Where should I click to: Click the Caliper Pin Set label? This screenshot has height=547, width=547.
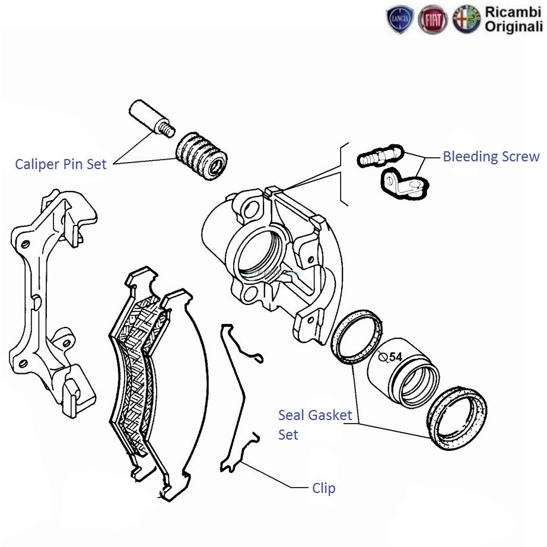(61, 164)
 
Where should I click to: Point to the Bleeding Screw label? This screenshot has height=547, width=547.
(491, 157)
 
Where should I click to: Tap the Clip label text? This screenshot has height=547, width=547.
(324, 488)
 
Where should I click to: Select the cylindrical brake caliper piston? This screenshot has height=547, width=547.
(403, 374)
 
